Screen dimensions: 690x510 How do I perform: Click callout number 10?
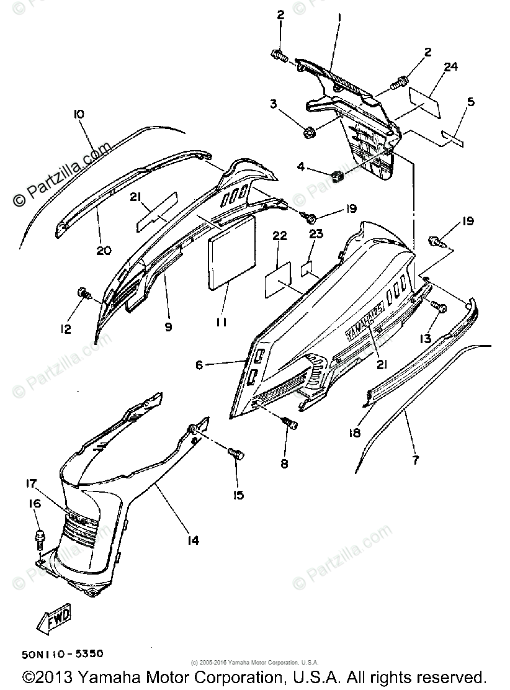coord(79,114)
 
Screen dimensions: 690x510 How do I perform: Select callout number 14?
coord(193,540)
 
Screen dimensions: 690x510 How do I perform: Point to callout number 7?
coord(415,460)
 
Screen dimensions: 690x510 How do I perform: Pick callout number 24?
coord(450,67)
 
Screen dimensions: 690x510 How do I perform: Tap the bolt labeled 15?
coord(235,453)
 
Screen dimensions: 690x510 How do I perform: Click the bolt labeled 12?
coord(82,292)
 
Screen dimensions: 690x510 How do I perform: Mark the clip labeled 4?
coord(339,177)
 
